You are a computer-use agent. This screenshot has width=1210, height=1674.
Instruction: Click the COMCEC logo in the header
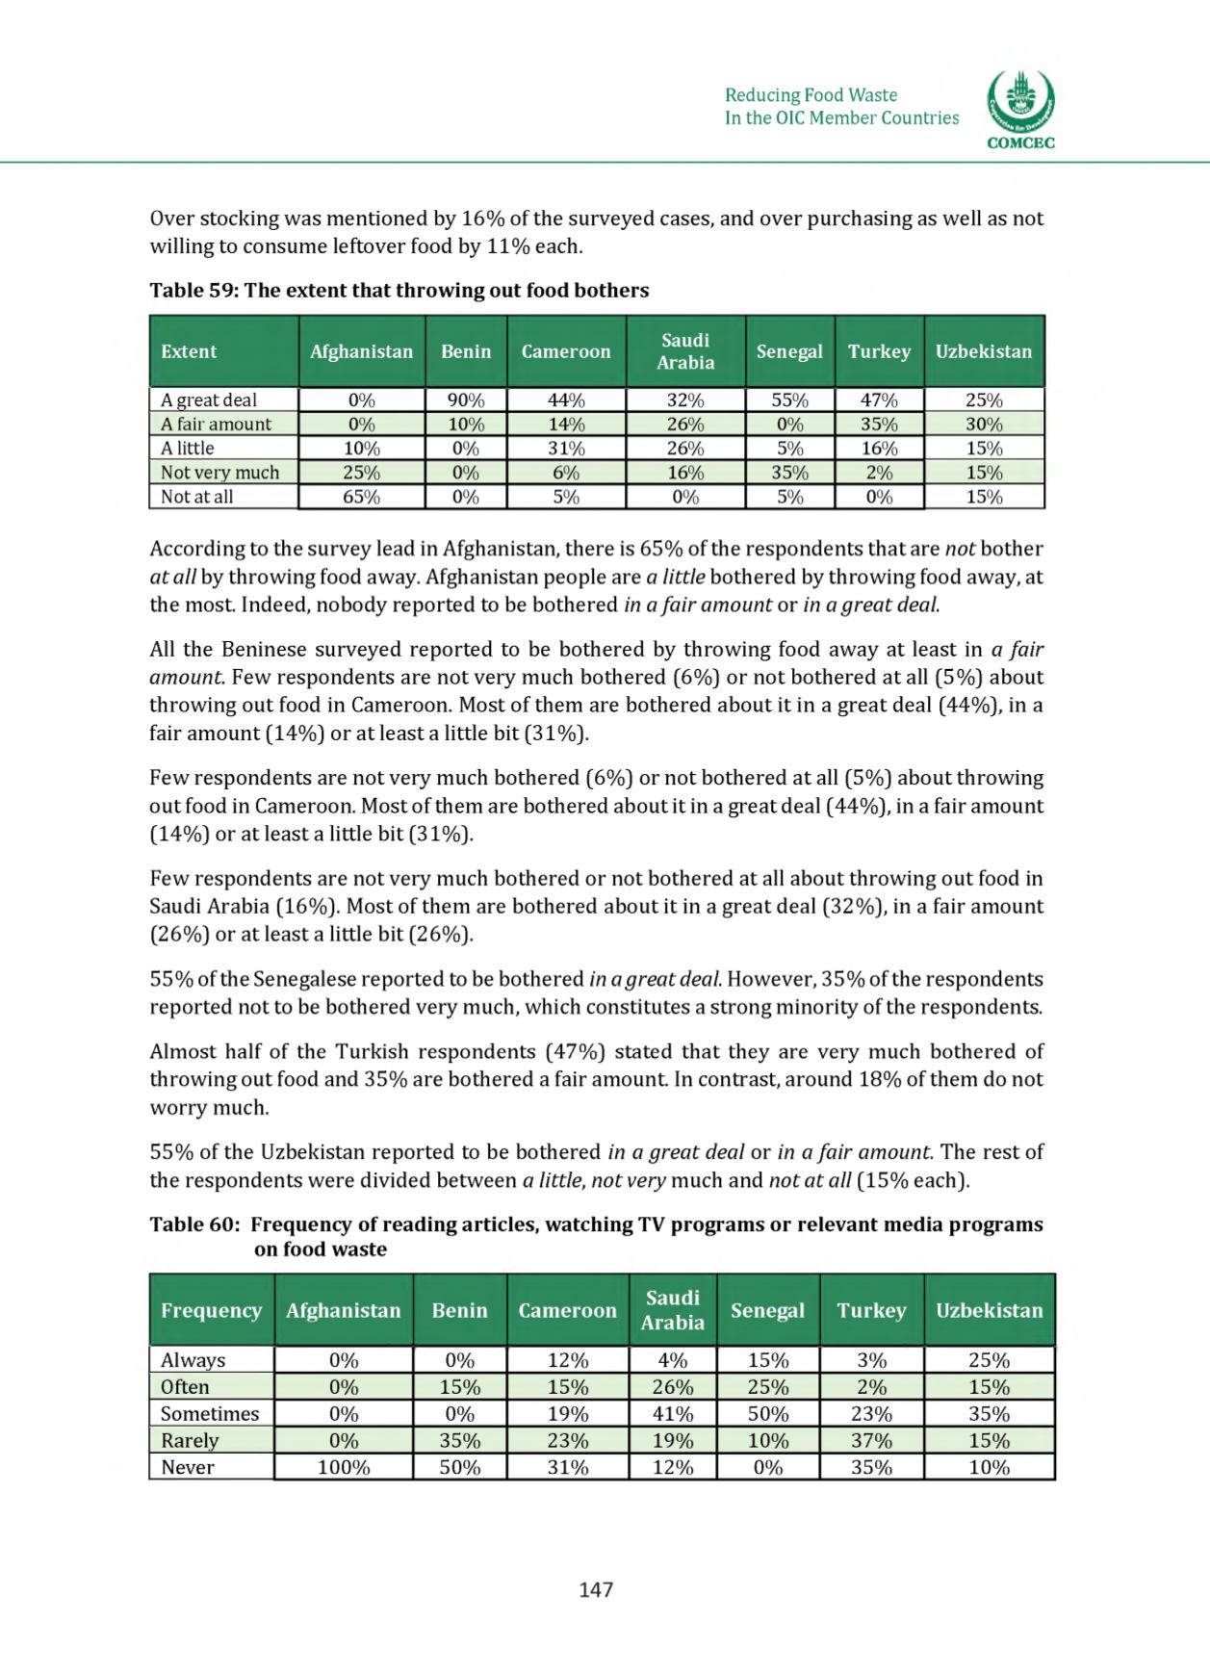click(x=1020, y=111)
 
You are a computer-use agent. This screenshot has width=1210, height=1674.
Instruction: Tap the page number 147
click(x=596, y=1590)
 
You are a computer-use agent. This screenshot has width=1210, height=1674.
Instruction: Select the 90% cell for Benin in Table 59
click(x=466, y=399)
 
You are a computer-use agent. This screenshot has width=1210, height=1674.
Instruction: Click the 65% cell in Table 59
click(x=362, y=497)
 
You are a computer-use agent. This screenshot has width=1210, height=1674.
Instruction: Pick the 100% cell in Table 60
click(x=344, y=1467)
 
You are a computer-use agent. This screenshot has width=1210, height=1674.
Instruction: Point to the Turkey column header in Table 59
click(x=879, y=351)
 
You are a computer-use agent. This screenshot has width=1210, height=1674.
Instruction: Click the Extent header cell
click(x=189, y=351)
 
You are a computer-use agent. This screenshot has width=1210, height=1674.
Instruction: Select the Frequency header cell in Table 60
click(x=211, y=1310)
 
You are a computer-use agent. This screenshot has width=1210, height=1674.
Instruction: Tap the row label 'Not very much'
click(x=219, y=473)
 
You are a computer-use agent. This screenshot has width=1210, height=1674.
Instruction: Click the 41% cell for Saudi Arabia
click(x=672, y=1414)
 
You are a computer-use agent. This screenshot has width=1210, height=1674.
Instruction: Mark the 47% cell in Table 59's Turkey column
click(x=879, y=399)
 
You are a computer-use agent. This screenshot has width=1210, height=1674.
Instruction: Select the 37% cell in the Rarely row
click(x=871, y=1441)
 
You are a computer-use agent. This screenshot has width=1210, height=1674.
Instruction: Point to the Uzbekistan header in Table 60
click(x=989, y=1310)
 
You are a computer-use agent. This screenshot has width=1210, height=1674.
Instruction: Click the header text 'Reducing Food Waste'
click(x=811, y=94)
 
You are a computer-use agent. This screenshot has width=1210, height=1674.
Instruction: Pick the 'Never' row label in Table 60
click(x=187, y=1467)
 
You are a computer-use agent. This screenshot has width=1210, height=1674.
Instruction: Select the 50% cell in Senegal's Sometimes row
click(x=767, y=1414)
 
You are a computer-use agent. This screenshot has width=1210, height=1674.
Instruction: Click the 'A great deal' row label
click(x=209, y=399)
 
